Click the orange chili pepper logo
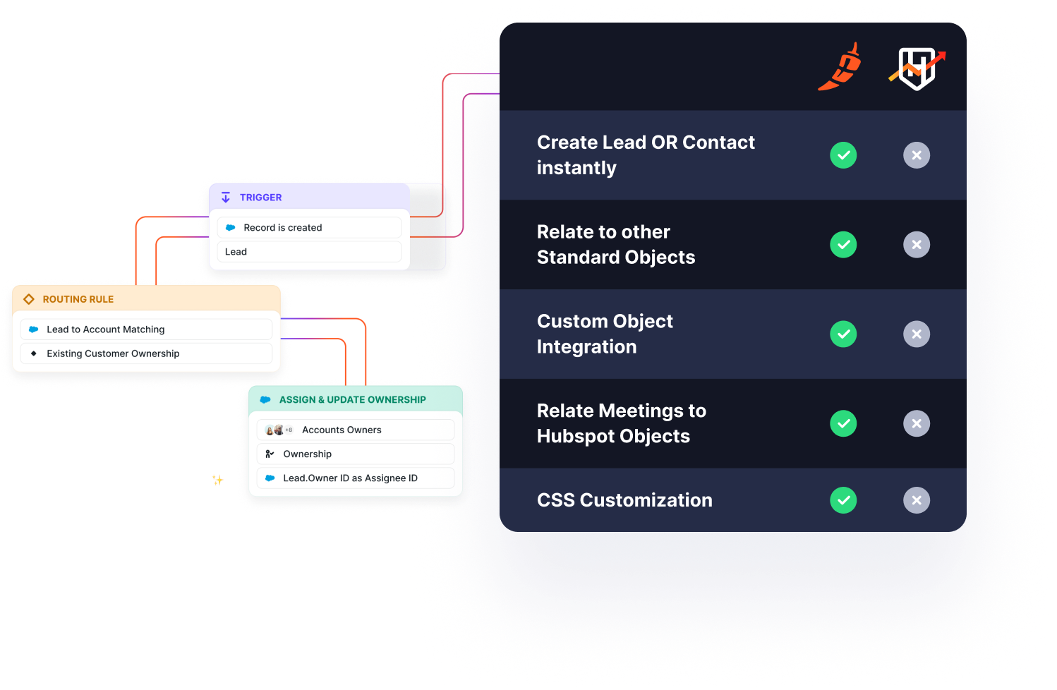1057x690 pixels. point(840,68)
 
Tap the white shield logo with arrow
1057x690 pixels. point(917,68)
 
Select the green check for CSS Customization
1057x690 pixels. point(843,500)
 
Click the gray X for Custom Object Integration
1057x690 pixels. point(917,334)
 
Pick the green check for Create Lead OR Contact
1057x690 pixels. point(843,155)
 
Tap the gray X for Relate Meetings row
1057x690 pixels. point(917,423)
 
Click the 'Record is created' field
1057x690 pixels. point(309,228)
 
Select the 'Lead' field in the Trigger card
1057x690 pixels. point(309,252)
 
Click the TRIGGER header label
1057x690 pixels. point(260,198)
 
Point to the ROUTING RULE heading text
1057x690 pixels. point(78,299)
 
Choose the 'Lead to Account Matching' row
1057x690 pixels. point(146,329)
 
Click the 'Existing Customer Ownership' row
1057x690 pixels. point(146,353)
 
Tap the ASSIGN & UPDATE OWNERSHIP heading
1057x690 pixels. point(352,400)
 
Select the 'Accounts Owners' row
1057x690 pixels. point(355,430)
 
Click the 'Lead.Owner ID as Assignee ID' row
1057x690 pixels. point(355,478)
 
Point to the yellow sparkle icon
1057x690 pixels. point(218,480)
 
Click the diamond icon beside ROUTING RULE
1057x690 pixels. point(29,299)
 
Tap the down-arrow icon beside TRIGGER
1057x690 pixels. point(226,198)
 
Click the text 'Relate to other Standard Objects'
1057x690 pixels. point(615,245)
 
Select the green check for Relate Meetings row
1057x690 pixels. point(843,423)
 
